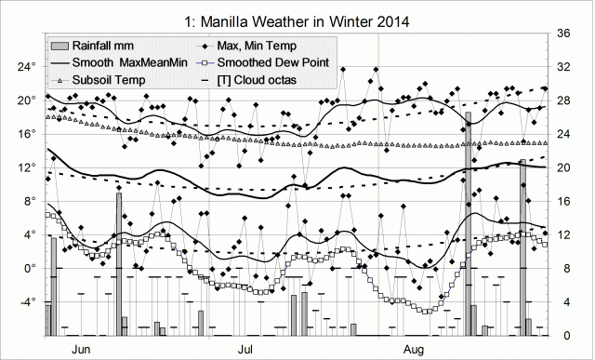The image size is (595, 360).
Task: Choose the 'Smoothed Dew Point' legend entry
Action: pos(272,64)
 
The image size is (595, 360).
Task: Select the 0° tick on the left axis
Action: pos(28,268)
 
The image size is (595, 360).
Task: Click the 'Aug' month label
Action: pos(416,350)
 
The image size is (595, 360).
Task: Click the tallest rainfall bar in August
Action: pos(469,223)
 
